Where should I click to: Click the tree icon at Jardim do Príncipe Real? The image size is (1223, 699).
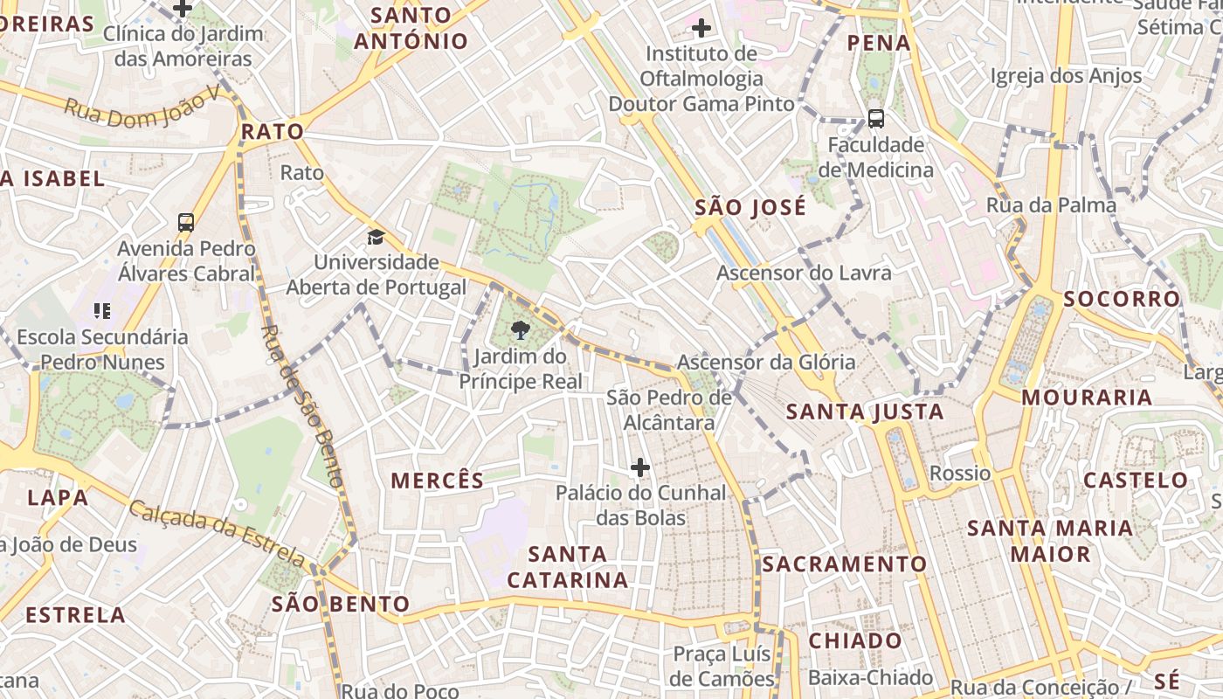click(521, 330)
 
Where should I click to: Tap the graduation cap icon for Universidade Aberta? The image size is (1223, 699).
click(376, 237)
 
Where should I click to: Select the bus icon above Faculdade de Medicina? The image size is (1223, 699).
click(875, 119)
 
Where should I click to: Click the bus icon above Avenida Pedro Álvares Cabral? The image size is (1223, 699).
click(186, 222)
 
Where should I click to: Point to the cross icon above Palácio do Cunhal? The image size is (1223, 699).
click(640, 467)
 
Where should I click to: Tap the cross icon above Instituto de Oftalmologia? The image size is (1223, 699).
click(701, 28)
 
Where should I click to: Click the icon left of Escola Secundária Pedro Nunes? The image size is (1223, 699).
click(102, 310)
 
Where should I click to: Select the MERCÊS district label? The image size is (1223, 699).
click(437, 481)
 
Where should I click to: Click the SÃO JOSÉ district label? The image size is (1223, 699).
click(750, 208)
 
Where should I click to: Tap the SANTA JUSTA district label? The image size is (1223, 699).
click(865, 412)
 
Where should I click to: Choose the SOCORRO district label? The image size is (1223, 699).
click(1122, 299)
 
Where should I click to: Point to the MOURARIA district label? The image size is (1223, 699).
click(1087, 398)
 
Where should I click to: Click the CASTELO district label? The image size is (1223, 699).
click(1136, 480)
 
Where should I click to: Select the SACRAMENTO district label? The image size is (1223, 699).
click(844, 564)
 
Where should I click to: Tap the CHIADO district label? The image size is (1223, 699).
click(855, 640)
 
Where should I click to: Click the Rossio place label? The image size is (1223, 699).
click(960, 474)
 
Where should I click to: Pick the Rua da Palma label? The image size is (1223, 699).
click(1051, 205)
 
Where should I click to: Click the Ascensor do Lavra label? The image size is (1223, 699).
click(804, 273)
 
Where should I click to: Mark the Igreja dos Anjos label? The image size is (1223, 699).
click(1066, 76)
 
